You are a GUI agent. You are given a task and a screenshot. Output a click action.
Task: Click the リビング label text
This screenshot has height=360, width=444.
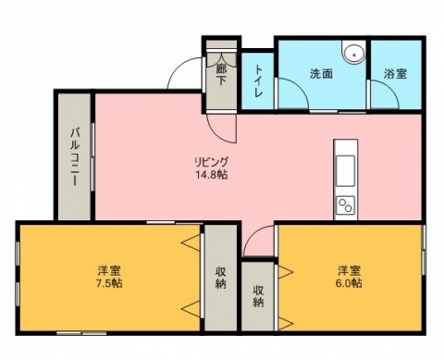[212, 162]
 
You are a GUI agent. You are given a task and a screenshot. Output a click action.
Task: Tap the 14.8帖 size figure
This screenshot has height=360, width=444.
[212, 175]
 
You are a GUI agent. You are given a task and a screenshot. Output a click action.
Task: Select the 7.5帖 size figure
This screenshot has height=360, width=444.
[109, 283]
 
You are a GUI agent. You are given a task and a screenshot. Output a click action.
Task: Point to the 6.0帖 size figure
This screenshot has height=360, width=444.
[349, 283]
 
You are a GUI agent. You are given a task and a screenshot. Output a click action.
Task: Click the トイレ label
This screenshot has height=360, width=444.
[258, 81]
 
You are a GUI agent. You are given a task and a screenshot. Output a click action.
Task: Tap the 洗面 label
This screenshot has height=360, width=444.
[321, 74]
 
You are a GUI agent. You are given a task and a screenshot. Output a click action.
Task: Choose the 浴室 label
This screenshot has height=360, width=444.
[395, 74]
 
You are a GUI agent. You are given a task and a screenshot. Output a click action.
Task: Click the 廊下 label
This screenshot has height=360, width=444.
[221, 75]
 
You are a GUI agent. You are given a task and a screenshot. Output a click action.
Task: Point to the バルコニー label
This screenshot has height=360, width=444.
[74, 157]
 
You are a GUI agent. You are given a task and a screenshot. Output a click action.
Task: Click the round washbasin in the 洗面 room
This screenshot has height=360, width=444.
[354, 55]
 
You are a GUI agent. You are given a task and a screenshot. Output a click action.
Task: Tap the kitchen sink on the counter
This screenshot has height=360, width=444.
[345, 171]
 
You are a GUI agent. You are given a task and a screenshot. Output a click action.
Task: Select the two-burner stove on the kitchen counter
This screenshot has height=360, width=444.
[345, 205]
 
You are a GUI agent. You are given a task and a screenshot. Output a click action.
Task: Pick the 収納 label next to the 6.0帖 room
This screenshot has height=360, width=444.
[258, 296]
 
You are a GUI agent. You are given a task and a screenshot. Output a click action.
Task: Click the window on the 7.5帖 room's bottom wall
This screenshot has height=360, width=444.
[81, 333]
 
